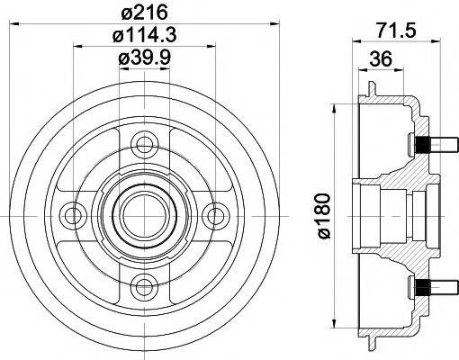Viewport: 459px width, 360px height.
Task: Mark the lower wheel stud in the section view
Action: (423, 286)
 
